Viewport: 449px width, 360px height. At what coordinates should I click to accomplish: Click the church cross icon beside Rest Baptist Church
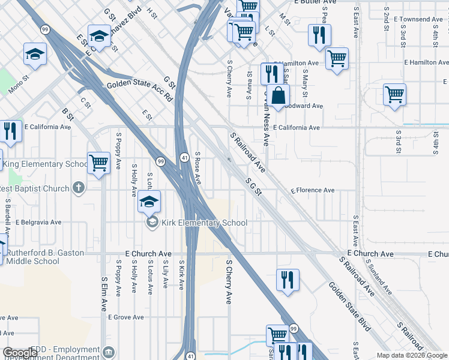(x=78, y=188)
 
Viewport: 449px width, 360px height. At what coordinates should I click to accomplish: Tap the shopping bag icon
(x=279, y=96)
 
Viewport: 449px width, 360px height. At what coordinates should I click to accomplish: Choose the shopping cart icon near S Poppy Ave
(x=98, y=164)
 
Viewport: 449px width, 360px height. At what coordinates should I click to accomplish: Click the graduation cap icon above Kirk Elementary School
(x=149, y=202)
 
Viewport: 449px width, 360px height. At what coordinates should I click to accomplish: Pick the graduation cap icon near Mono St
(x=35, y=55)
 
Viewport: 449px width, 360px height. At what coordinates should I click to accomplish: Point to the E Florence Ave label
(x=313, y=191)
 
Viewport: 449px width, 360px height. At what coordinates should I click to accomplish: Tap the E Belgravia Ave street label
(x=38, y=222)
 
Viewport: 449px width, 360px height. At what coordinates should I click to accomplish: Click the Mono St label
(x=19, y=84)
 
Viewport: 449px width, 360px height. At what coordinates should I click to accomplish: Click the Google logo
(x=20, y=353)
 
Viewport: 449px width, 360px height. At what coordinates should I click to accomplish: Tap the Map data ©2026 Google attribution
(x=411, y=355)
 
